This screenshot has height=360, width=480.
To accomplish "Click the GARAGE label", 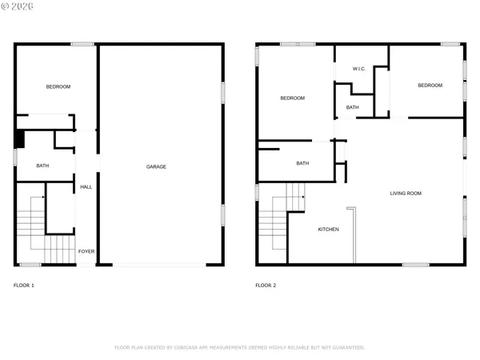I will point(156,166).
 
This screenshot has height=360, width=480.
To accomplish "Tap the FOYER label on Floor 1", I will point(86,251).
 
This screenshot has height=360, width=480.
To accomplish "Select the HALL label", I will point(86,187).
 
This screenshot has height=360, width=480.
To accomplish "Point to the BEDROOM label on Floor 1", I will point(58,86).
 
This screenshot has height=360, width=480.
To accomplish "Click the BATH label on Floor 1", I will point(43,166).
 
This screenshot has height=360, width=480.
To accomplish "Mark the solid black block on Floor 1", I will point(20,139).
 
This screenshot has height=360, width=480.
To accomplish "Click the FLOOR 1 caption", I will point(24,285).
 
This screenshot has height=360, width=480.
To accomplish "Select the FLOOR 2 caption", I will point(266,285).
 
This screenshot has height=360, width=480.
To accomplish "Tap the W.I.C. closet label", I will point(359,69).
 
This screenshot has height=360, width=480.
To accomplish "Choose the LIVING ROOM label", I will point(406,193).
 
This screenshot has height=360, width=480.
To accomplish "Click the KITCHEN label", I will point(328,230).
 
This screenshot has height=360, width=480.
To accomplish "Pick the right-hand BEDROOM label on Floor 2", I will point(430,86).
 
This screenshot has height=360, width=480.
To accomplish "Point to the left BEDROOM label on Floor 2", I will point(292,98).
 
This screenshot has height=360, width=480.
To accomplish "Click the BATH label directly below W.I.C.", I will point(352,107).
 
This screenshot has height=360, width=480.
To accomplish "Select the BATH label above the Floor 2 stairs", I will point(302,163).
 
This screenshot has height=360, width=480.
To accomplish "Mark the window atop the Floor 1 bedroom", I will point(82,44).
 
